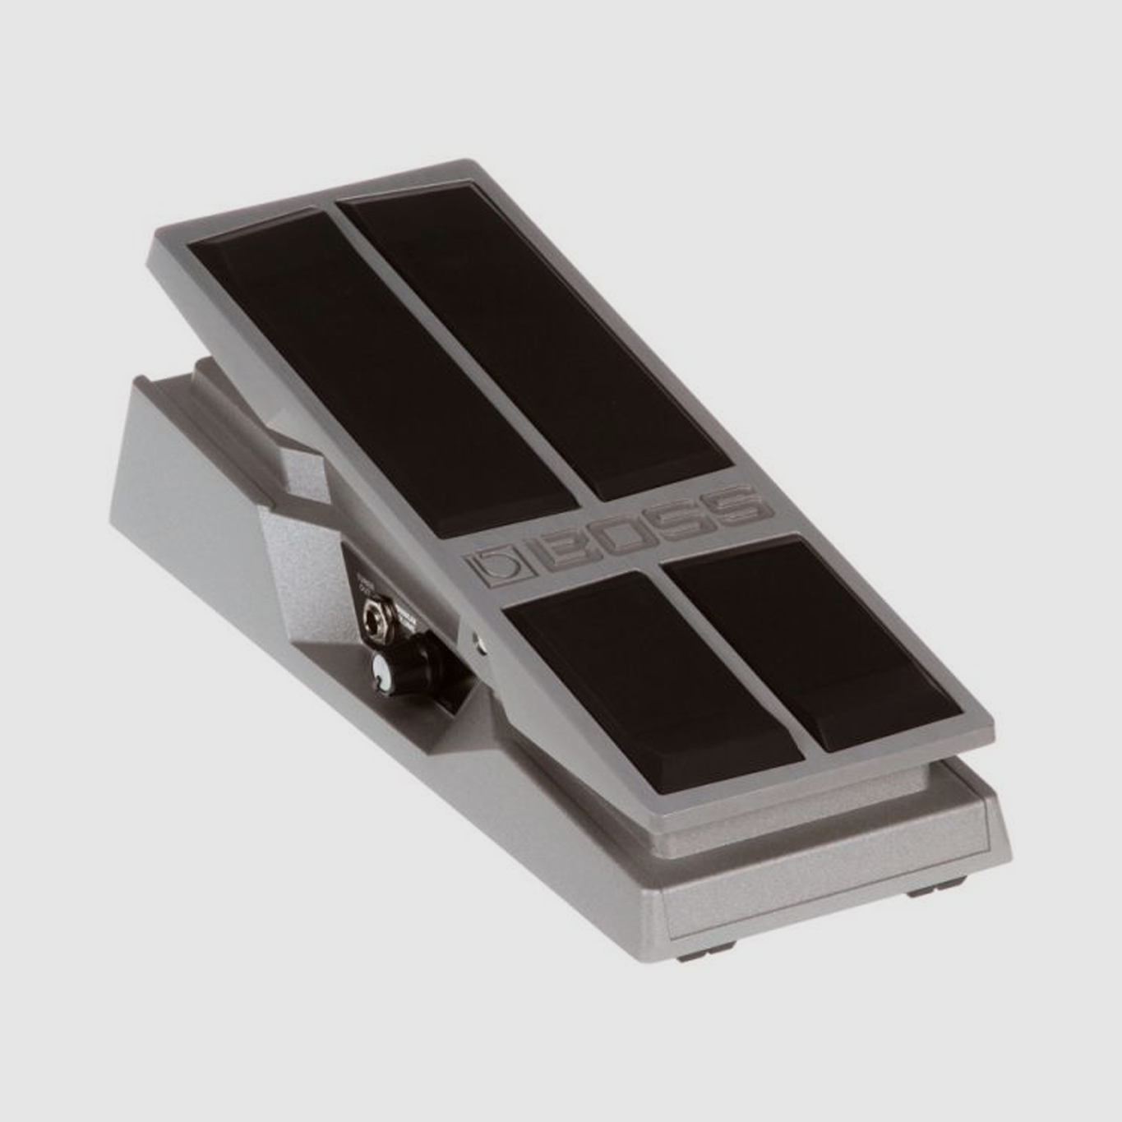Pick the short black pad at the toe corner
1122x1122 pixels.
point(814,641)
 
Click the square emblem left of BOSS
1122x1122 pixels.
point(495,568)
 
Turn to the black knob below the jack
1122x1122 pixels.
point(385,671)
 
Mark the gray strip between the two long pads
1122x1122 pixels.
point(460,362)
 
